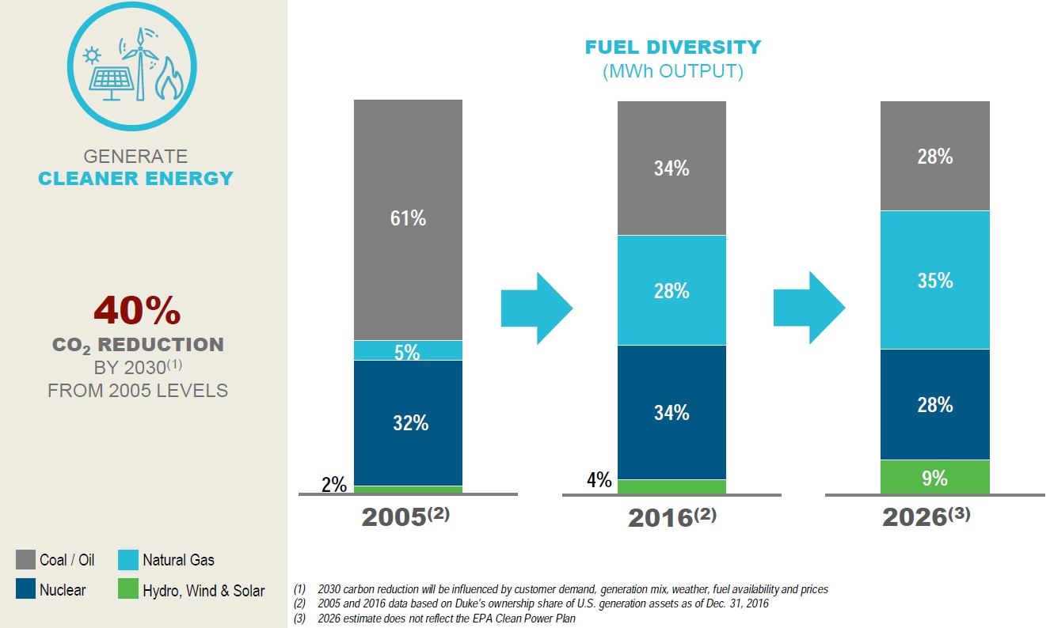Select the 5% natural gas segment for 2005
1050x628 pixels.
tap(408, 350)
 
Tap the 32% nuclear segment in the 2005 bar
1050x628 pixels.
tap(408, 422)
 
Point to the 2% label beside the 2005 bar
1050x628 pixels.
tap(334, 485)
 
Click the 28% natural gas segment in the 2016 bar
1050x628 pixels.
tap(671, 290)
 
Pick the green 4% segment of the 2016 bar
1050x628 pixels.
tap(671, 486)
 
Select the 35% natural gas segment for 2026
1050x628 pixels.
tap(935, 280)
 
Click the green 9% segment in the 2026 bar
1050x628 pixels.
tap(935, 477)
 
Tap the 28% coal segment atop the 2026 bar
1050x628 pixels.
tap(935, 157)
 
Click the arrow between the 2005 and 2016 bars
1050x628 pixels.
tap(537, 308)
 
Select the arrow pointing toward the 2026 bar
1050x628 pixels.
tap(809, 308)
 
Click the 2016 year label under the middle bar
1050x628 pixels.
tap(671, 517)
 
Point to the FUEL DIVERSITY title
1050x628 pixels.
tap(672, 47)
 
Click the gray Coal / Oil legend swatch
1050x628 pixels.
tap(25, 560)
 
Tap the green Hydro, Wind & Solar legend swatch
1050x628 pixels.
tap(128, 590)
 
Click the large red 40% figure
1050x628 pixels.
tap(137, 311)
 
